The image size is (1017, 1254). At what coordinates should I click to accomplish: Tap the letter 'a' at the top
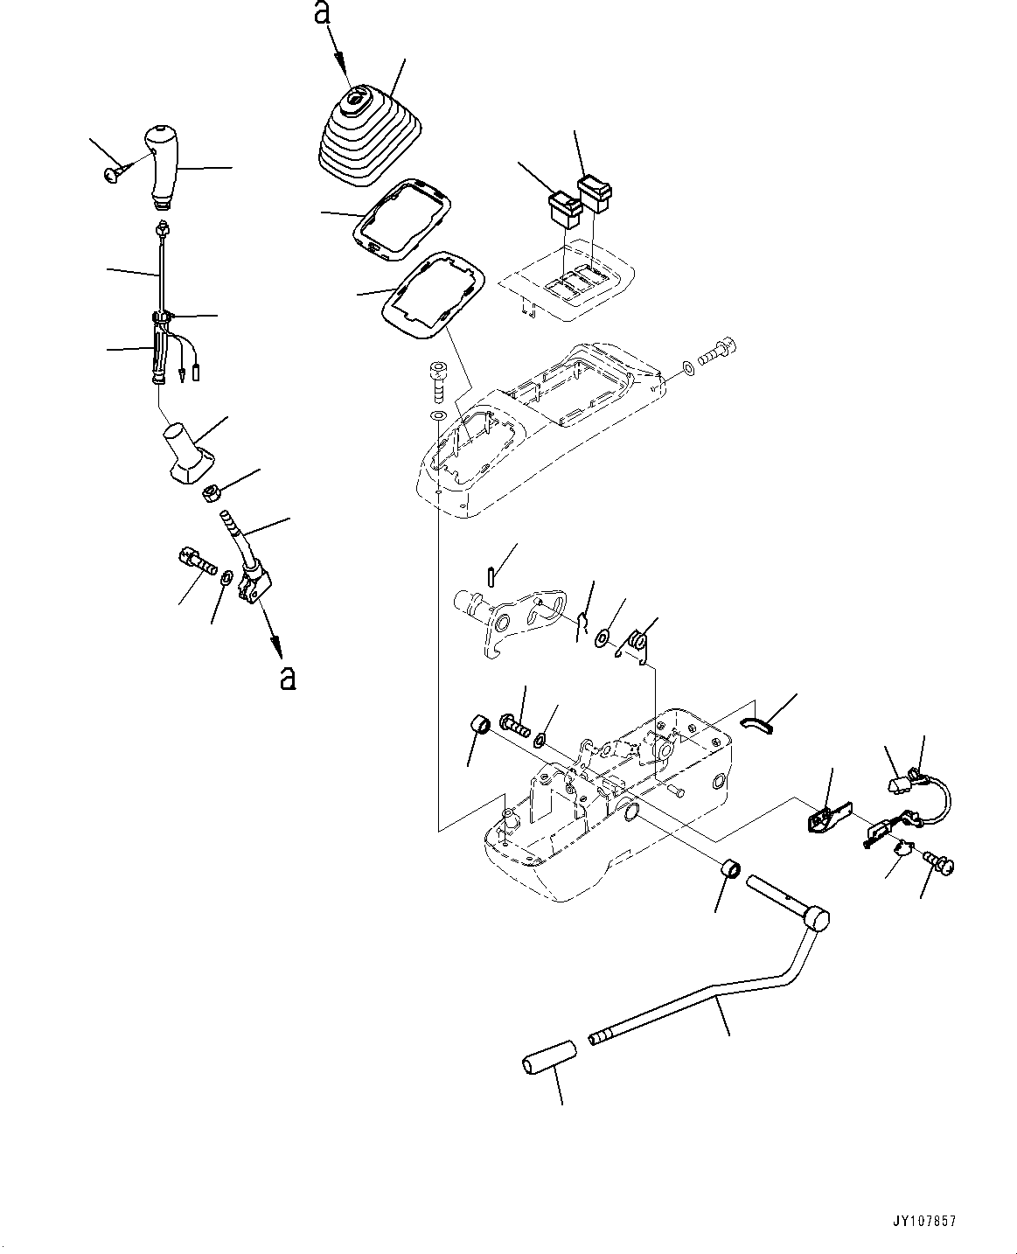coord(323,14)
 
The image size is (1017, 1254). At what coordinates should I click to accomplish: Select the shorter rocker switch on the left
coord(563,206)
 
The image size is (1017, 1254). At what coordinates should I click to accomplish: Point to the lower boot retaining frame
coord(433,296)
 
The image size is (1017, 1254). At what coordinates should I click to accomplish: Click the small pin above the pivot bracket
coord(492,576)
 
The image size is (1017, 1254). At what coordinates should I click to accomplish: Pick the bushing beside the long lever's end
coord(730,871)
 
